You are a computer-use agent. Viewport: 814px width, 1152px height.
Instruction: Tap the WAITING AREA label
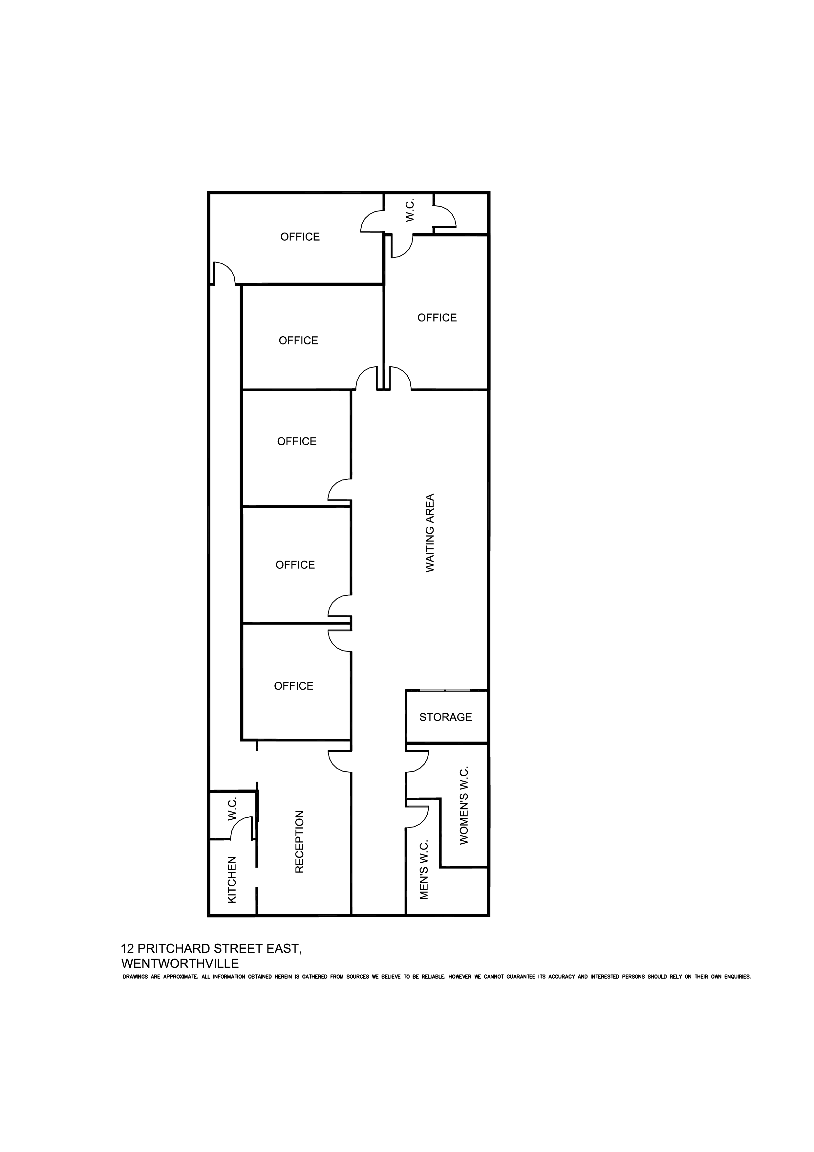pos(430,533)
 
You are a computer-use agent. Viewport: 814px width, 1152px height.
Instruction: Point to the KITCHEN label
pos(232,880)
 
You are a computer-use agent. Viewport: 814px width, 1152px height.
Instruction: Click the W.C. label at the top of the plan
pos(410,210)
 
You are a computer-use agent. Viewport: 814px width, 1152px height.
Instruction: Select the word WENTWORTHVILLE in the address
pos(180,964)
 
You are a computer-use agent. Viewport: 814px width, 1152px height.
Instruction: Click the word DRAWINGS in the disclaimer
pos(136,977)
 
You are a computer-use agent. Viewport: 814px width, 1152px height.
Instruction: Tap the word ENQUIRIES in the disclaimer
pos(737,977)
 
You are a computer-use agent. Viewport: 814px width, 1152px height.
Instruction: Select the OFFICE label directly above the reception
pos(293,686)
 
